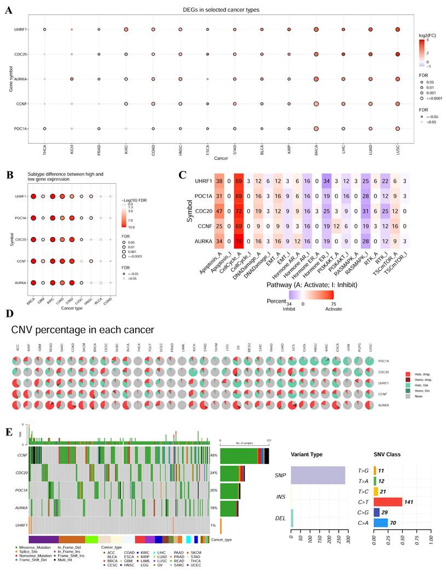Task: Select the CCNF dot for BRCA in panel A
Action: point(316,103)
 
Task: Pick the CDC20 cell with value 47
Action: point(219,225)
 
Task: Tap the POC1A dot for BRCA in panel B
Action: point(34,218)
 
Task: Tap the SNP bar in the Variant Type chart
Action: point(318,476)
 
